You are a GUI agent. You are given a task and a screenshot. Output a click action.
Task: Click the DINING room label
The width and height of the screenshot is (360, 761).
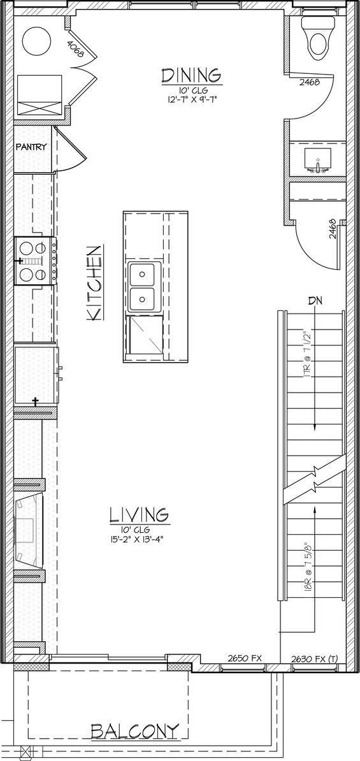tap(192, 76)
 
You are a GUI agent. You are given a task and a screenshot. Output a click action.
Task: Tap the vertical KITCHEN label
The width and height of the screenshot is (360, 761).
tap(94, 283)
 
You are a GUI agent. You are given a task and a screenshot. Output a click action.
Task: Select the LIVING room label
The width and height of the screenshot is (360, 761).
tap(139, 514)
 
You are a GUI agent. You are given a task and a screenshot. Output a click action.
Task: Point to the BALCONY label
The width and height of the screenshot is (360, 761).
tap(135, 731)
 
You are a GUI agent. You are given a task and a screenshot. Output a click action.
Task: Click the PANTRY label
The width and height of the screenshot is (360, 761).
tap(31, 147)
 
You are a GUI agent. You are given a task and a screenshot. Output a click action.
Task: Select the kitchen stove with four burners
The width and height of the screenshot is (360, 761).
tap(36, 261)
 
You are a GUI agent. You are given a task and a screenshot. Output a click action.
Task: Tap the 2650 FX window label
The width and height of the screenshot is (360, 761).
tap(245, 658)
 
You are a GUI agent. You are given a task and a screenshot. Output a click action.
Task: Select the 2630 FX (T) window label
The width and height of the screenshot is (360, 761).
tap(314, 658)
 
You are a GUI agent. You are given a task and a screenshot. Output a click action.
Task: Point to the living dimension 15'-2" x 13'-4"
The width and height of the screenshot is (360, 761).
tap(140, 538)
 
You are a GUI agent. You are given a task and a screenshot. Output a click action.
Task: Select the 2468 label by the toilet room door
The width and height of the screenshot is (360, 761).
tap(310, 82)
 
